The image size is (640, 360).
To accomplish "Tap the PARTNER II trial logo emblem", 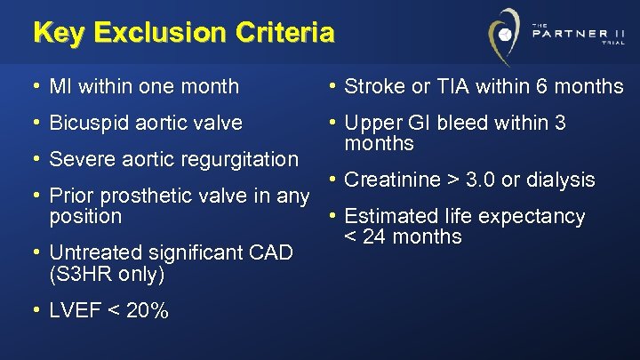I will click(x=505, y=36).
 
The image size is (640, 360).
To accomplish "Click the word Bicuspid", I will click(x=87, y=123).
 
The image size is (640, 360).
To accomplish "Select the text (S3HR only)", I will click(x=108, y=275).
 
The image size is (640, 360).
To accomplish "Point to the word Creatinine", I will click(x=392, y=180).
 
